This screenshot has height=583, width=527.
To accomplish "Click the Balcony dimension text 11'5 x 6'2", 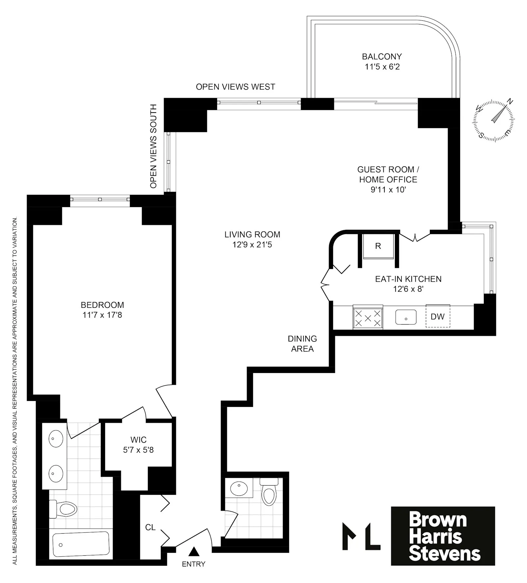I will (x=382, y=67).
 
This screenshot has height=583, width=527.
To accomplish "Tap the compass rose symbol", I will (x=493, y=120).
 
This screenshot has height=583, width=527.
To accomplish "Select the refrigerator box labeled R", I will (x=378, y=246).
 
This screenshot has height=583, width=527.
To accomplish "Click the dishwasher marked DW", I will (x=437, y=316).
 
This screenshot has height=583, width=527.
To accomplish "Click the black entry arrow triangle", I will (x=194, y=551).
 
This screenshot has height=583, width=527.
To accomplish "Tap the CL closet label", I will (x=150, y=527).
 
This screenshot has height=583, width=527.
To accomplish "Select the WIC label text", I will (x=138, y=440).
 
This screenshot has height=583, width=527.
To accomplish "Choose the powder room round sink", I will (x=239, y=489).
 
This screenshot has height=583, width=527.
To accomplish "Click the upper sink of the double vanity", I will (x=56, y=438).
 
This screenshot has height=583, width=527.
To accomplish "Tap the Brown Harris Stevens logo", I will (x=443, y=536).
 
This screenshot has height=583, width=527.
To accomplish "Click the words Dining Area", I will (x=302, y=344).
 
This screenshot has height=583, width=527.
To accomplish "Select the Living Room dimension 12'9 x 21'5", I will (x=252, y=245).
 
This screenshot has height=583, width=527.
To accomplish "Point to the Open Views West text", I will (x=235, y=87).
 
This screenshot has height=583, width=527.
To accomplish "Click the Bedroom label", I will (x=102, y=305).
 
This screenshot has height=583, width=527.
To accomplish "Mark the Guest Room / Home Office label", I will (x=388, y=174).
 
